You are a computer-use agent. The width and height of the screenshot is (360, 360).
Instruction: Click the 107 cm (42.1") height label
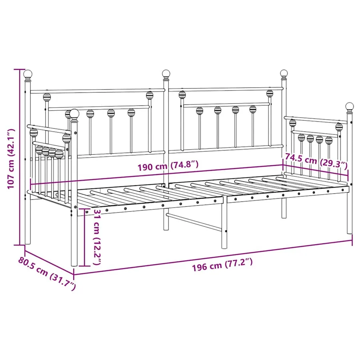(11, 159)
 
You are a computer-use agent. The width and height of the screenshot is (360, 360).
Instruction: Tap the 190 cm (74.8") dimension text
(168, 166)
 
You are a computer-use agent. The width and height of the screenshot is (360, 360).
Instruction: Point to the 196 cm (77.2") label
(222, 265)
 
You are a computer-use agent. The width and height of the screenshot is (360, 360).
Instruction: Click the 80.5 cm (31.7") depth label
(47, 273)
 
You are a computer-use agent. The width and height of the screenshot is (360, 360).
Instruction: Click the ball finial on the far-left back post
(28, 74)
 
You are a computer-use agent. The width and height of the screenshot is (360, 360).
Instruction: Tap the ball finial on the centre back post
(166, 74)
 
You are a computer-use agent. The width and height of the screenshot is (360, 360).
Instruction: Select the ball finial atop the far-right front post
(350, 106)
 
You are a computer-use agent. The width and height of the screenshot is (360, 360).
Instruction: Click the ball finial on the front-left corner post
(74, 114)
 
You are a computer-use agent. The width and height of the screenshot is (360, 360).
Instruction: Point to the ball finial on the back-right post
(284, 73)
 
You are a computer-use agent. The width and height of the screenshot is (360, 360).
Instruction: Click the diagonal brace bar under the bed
(194, 222)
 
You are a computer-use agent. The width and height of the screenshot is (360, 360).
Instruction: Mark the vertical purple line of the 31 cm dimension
(85, 237)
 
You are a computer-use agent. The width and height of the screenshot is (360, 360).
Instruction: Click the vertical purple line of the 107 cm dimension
(20, 157)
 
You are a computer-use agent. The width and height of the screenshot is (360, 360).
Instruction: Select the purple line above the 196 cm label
(213, 257)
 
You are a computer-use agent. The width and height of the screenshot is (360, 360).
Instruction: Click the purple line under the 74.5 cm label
(315, 170)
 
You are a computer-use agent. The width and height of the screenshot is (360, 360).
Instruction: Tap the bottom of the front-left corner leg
(74, 265)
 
